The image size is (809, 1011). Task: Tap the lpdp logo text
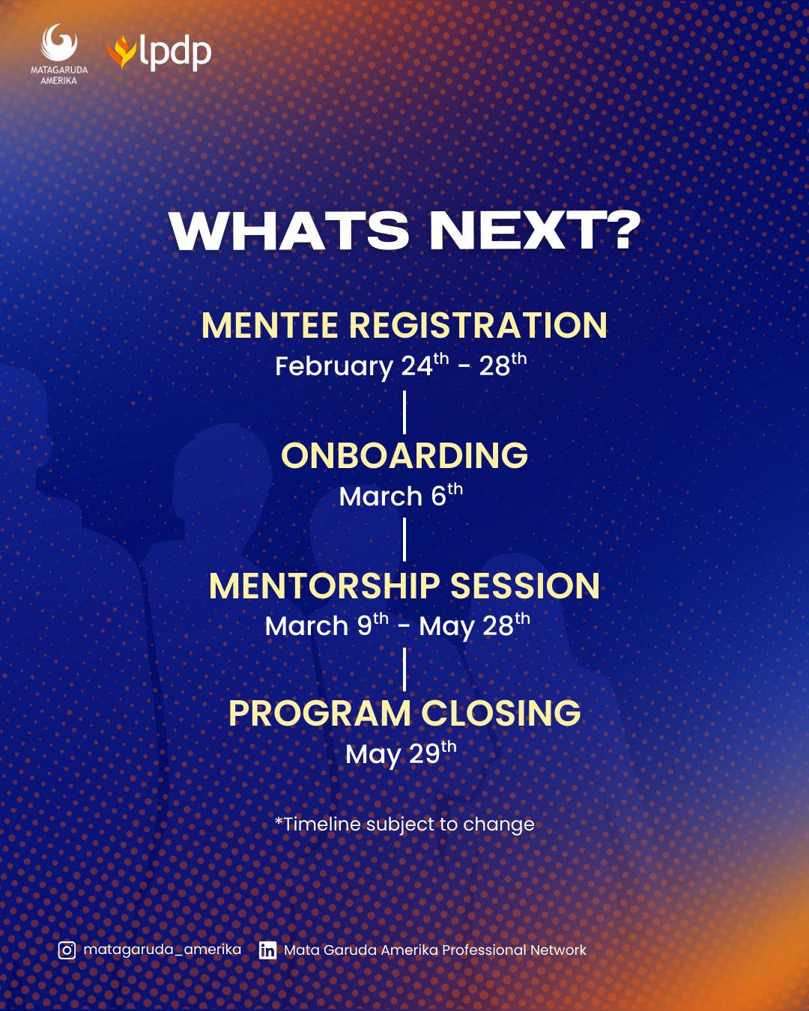[175, 52]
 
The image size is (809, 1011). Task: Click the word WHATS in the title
[289, 231]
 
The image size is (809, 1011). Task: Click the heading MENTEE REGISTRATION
[404, 325]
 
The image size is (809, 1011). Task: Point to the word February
[334, 367]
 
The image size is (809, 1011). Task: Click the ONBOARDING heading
[404, 455]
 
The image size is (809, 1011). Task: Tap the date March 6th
[401, 495]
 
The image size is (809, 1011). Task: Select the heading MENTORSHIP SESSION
[404, 586]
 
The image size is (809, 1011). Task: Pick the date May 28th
[474, 626]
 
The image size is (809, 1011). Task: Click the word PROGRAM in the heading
[320, 713]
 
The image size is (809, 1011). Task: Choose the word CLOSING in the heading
[500, 713]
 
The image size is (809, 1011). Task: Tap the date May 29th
[401, 754]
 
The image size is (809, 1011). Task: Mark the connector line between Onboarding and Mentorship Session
[404, 540]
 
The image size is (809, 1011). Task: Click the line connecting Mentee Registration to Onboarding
[404, 413]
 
